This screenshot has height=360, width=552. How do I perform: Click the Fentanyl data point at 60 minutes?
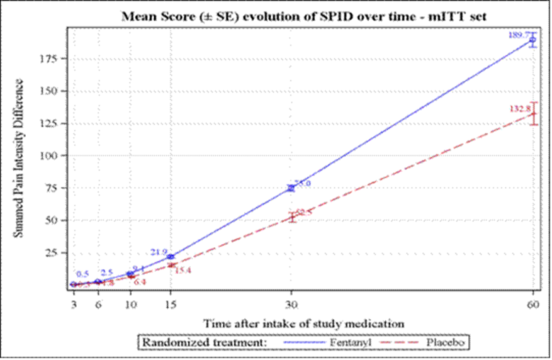[533, 40]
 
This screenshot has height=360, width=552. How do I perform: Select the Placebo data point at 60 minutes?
[533, 114]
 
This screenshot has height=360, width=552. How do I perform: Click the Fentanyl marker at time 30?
[291, 188]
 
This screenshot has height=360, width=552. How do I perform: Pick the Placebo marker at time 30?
[291, 217]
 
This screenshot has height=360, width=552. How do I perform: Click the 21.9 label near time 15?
[159, 252]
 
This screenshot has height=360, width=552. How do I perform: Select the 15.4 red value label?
[183, 270]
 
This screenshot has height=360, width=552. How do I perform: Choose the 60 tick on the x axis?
[533, 302]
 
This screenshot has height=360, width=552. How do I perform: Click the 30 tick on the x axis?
[291, 302]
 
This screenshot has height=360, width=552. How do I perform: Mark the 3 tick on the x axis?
[74, 302]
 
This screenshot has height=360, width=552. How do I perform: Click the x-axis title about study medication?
[303, 323]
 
